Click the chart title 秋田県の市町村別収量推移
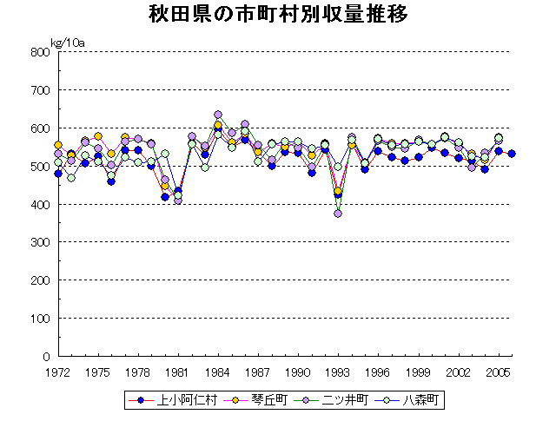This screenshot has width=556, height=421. pos(277,15)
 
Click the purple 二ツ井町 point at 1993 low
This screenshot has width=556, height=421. pos(338,213)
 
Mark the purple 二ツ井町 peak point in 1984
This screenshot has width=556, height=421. pos(218,115)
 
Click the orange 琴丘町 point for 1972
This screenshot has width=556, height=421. pos(58,145)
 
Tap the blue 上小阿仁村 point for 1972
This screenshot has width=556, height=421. pos(58,174)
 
